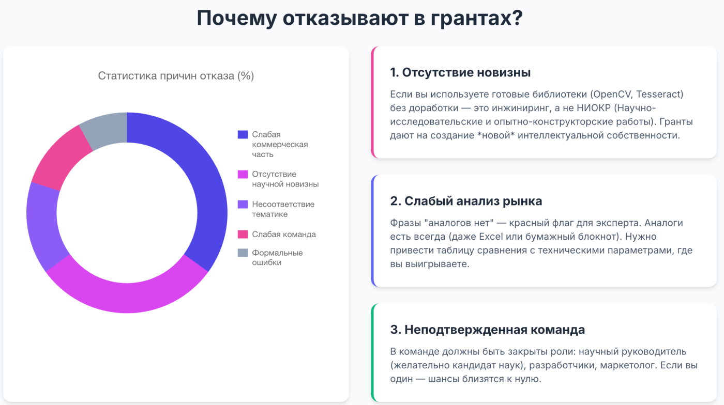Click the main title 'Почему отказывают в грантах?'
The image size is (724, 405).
[x=359, y=19]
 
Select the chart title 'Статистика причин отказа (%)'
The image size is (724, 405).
[x=176, y=76]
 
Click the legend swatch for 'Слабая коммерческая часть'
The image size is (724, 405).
[x=243, y=134]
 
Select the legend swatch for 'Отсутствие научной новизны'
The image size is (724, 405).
[x=243, y=174]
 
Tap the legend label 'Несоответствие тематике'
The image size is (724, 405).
[x=283, y=209]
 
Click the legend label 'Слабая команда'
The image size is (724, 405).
[x=284, y=234]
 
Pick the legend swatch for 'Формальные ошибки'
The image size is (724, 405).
[x=243, y=253]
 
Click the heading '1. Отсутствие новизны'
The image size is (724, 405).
[x=460, y=72]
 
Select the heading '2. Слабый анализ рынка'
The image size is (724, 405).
[x=466, y=201]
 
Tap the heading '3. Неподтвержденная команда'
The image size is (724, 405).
[x=487, y=330]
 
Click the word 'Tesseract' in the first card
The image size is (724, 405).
[x=661, y=95]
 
